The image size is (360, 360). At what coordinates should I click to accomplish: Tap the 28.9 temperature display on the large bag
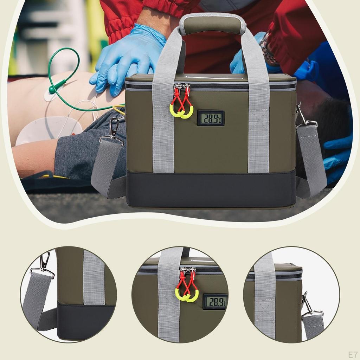tap(211, 118)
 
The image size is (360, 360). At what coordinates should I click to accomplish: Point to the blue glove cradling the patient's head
tap(337, 155)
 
